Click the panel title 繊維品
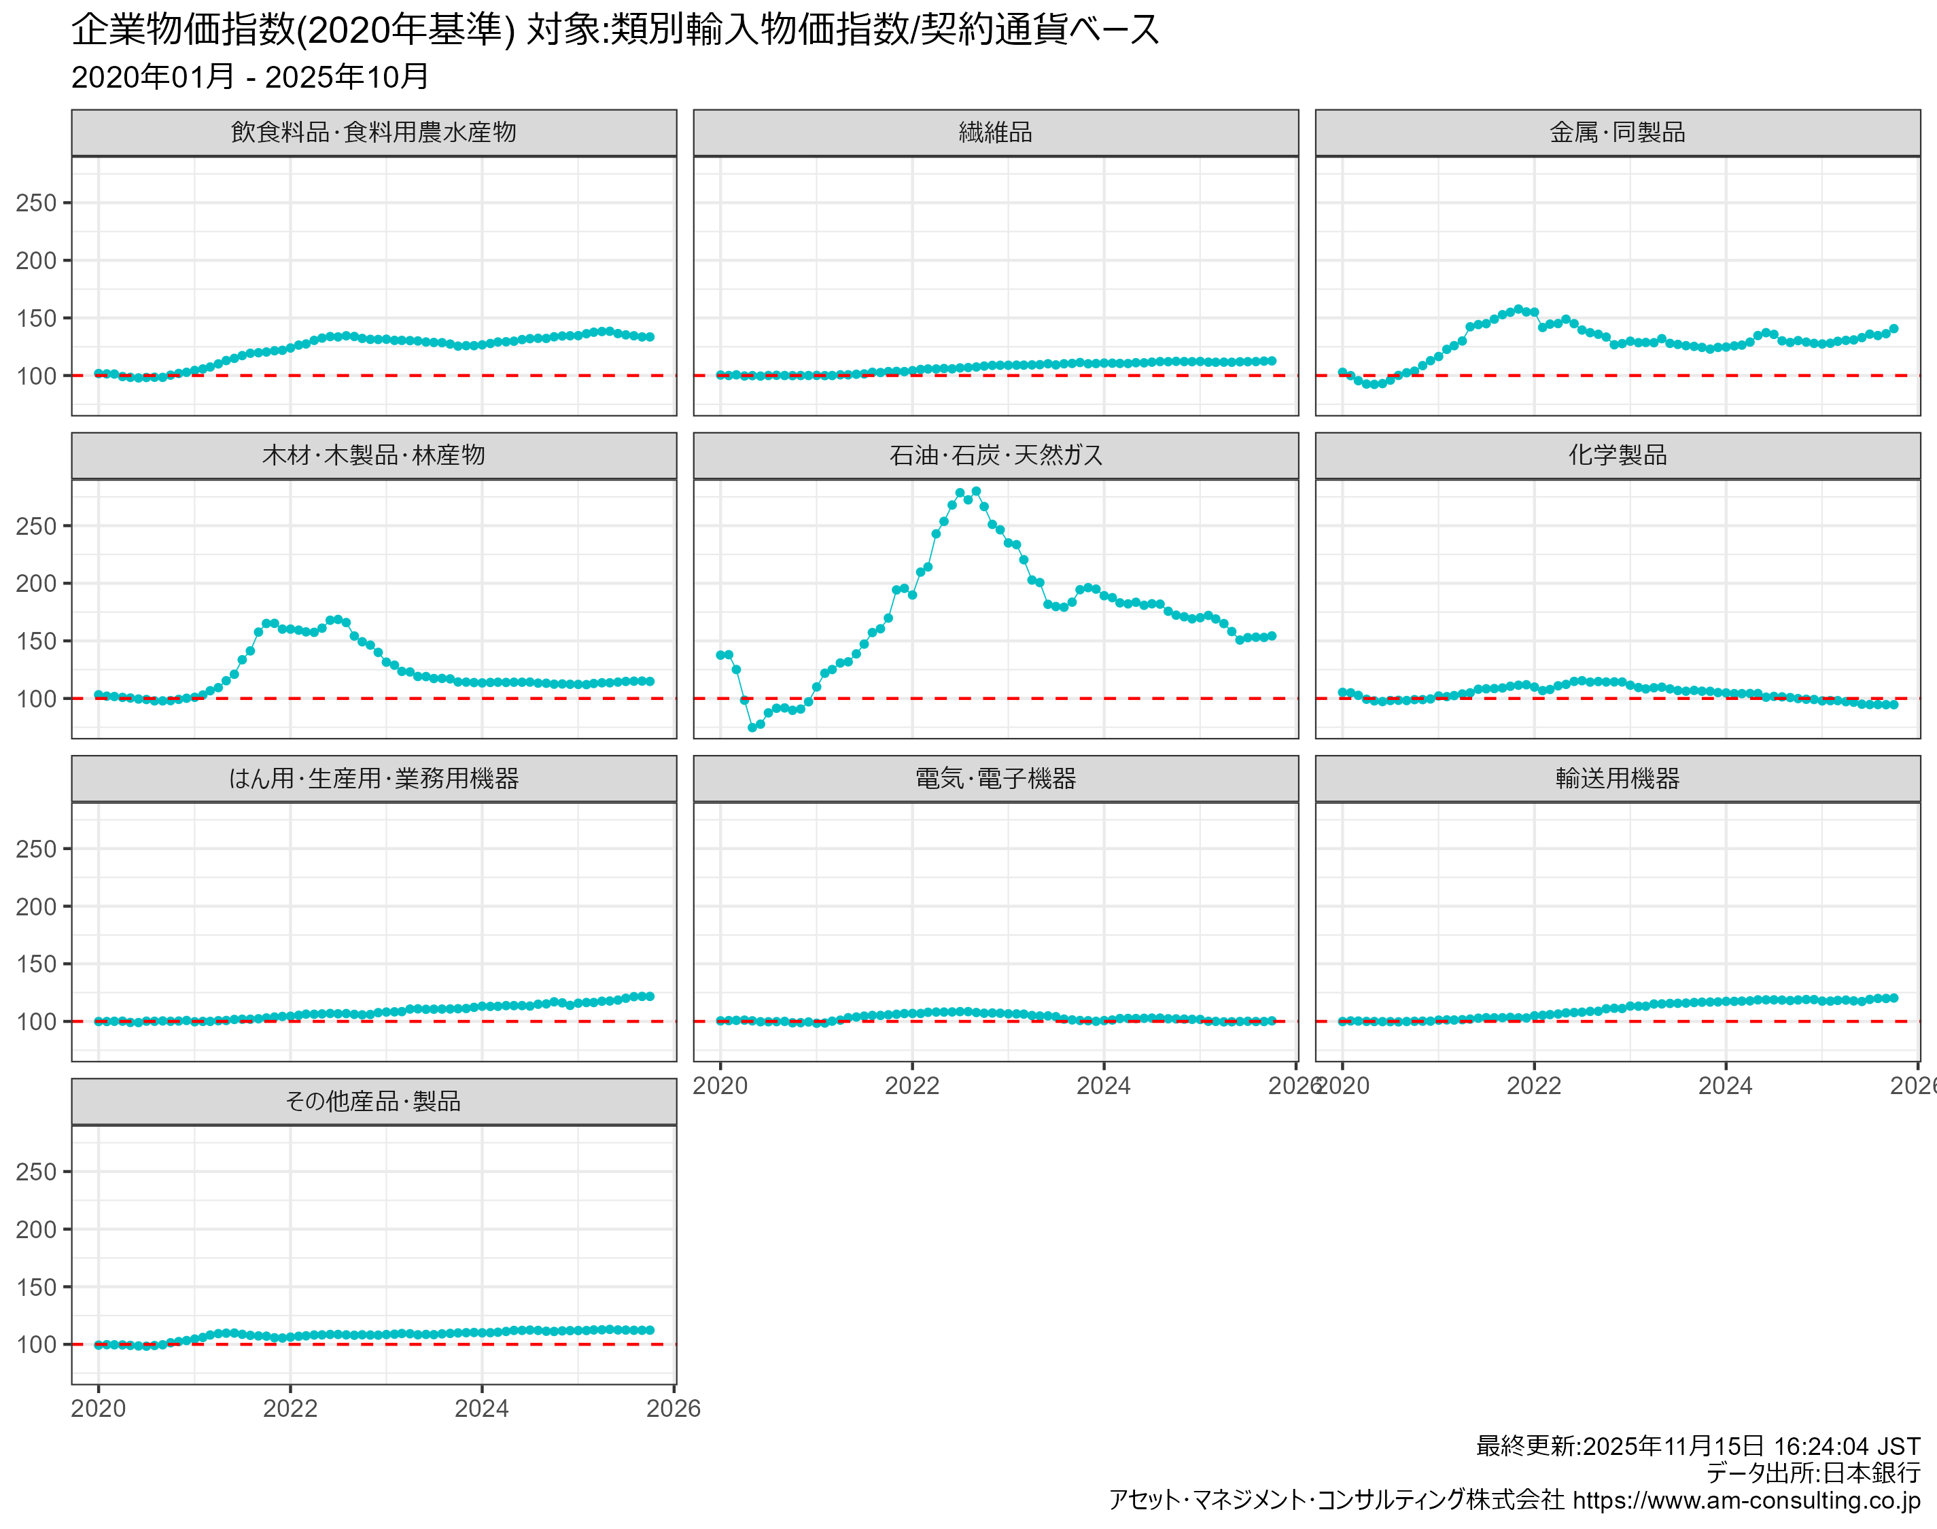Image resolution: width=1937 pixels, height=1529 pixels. pyautogui.click(x=996, y=133)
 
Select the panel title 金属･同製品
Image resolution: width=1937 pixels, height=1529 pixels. pyautogui.click(x=1617, y=133)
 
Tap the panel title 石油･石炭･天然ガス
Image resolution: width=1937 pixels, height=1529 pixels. pyautogui.click(x=996, y=456)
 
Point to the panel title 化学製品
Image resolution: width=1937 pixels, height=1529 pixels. pyautogui.click(x=1617, y=456)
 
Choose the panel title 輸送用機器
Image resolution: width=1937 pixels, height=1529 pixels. pyautogui.click(x=1617, y=778)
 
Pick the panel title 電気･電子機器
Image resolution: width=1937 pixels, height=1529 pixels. pyautogui.click(x=996, y=778)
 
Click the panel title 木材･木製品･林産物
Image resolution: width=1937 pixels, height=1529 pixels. pyautogui.click(x=373, y=456)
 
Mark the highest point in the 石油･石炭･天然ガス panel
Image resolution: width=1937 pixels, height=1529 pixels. pyautogui.click(x=977, y=491)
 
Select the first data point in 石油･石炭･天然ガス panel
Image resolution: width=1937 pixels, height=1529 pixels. pyautogui.click(x=720, y=655)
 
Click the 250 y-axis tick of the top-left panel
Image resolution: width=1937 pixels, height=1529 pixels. pyautogui.click(x=36, y=203)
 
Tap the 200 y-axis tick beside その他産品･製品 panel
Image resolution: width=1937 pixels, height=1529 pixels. pyautogui.click(x=36, y=1229)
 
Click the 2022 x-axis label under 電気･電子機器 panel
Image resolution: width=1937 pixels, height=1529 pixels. pyautogui.click(x=912, y=1086)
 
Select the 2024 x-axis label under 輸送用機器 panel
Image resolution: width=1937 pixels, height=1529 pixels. pyautogui.click(x=1726, y=1086)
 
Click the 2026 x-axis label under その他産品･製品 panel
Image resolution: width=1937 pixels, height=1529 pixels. pyautogui.click(x=673, y=1409)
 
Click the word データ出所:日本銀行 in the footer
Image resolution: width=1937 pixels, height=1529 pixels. pyautogui.click(x=1813, y=1473)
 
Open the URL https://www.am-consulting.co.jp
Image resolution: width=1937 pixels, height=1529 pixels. pyautogui.click(x=1745, y=1500)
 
